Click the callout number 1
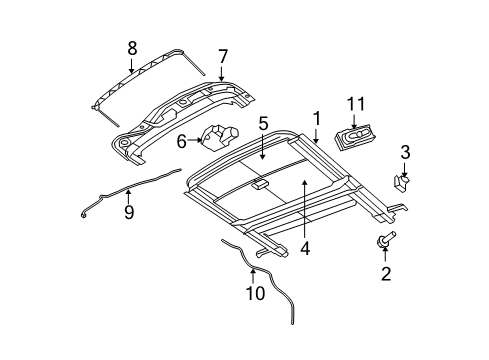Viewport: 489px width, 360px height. pyautogui.click(x=316, y=119)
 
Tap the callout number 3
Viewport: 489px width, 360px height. pyautogui.click(x=405, y=151)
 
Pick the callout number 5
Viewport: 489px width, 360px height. pyautogui.click(x=262, y=124)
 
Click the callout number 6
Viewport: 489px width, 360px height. pyautogui.click(x=182, y=141)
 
